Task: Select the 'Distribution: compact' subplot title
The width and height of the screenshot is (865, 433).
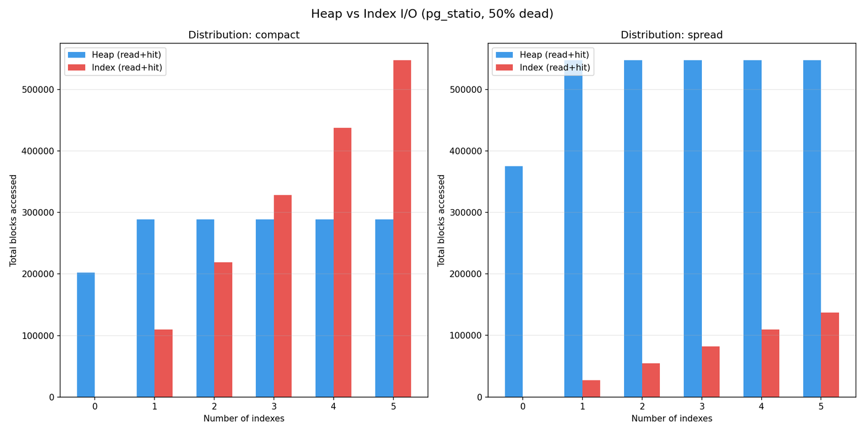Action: point(243,35)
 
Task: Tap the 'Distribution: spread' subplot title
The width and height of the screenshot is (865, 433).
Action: point(672,35)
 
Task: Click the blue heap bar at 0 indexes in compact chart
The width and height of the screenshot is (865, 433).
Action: point(86,335)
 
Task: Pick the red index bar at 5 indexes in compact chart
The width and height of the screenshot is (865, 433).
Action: point(402,228)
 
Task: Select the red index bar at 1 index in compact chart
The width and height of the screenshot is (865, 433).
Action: point(163,364)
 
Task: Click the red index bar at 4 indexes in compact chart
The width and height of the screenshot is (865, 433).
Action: point(342,262)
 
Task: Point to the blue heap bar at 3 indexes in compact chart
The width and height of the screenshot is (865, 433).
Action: point(265,308)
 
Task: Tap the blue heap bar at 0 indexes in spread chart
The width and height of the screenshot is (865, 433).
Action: point(513,281)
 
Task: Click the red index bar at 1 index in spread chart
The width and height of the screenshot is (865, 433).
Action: point(591,388)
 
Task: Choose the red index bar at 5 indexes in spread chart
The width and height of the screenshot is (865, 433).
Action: point(830,355)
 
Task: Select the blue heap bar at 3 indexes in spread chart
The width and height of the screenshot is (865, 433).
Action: point(693,228)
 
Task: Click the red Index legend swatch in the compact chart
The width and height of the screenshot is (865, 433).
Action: point(77,67)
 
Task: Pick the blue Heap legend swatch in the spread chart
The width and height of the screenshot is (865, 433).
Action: point(504,55)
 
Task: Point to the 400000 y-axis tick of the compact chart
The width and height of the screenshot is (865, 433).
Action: point(38,151)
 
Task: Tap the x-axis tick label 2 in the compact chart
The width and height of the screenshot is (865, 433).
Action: point(214,407)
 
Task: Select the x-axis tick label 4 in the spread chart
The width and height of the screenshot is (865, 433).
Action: point(761,407)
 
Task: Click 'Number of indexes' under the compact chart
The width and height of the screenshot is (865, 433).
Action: point(243,419)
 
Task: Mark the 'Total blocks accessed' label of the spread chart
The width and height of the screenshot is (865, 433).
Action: point(441,220)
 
